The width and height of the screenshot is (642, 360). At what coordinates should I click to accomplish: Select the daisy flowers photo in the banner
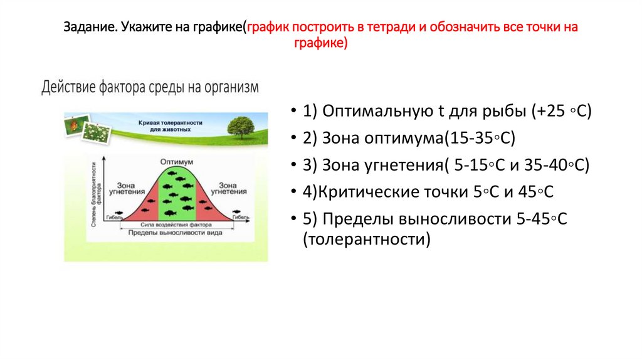[97, 132]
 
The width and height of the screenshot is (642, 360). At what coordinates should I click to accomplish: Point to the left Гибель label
[113, 218]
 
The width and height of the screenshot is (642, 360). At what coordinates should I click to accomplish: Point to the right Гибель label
[241, 218]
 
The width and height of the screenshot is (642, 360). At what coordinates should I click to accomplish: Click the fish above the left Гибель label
[117, 211]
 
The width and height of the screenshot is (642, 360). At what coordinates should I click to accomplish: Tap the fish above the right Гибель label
[236, 211]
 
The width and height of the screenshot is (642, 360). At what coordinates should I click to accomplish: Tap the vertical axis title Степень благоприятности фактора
[95, 194]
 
